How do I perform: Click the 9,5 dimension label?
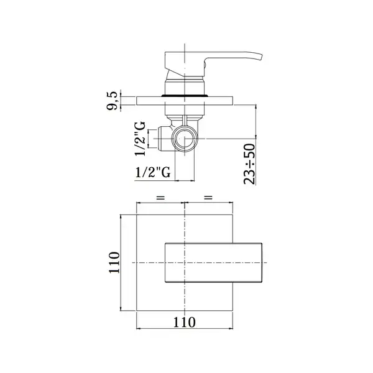point(112,101)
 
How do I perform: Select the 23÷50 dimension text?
point(249,164)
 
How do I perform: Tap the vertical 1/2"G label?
point(140,139)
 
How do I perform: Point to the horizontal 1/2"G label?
point(153,172)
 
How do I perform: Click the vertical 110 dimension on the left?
point(114,262)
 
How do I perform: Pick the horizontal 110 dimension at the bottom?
point(185,322)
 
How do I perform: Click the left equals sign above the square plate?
point(160,198)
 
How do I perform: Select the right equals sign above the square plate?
point(208,197)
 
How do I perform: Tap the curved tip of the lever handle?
point(260,57)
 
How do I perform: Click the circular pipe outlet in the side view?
point(185,139)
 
